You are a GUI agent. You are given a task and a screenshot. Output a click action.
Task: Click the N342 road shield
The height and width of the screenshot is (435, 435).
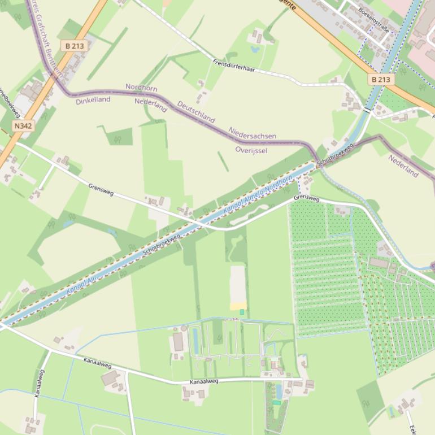click(x=23, y=126)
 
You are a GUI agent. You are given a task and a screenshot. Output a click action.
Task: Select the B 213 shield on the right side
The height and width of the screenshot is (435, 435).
click(x=381, y=80)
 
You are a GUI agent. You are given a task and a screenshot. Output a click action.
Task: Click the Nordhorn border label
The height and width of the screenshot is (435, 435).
click(x=141, y=88)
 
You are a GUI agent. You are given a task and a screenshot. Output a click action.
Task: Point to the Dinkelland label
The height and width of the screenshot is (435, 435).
click(x=93, y=100)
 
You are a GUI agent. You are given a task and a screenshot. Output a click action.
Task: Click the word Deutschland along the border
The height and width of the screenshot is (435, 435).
click(x=196, y=112)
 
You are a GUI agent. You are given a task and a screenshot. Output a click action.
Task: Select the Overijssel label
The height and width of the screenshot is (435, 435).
click(x=251, y=150)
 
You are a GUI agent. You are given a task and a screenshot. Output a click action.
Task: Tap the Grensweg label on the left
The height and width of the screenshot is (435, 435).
click(x=101, y=189)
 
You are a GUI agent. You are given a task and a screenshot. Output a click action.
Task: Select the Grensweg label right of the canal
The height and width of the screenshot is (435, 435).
click(x=306, y=199)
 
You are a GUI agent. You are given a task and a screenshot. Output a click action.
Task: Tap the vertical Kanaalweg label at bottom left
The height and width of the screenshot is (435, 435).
click(x=39, y=384)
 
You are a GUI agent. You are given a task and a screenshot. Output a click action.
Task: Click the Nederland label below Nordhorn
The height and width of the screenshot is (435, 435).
click(x=151, y=105)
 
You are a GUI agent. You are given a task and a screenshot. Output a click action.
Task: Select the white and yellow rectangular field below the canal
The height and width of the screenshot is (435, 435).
click(x=238, y=288)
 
